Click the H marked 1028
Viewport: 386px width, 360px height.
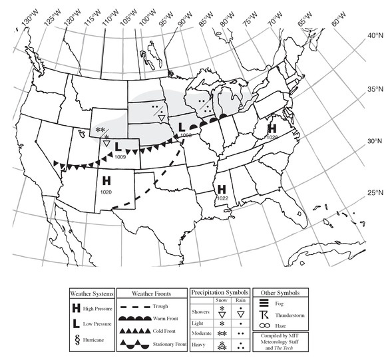(272, 128)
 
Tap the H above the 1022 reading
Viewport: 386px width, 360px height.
(222, 188)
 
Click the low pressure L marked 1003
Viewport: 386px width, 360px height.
(182, 126)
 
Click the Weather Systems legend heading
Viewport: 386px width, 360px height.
(93, 293)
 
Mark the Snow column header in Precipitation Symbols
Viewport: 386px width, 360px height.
(222, 300)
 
